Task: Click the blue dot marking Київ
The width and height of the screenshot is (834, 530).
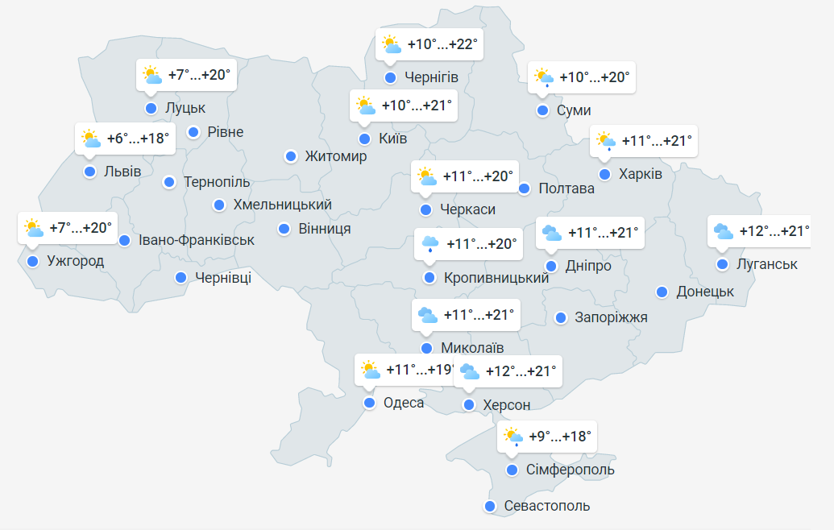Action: pos(364,139)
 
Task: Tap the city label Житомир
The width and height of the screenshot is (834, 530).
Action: pos(335,156)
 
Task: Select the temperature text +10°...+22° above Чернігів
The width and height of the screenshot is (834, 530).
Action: pos(443,43)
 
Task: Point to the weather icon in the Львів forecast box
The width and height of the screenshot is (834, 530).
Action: pos(90,139)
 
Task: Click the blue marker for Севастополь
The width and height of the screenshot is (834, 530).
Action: pos(489,506)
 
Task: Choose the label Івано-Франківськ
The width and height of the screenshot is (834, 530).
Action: pos(197,240)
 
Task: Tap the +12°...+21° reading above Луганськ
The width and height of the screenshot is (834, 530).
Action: pos(774,231)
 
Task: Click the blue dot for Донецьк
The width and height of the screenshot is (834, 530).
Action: pos(662,292)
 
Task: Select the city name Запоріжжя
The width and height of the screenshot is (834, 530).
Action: pos(611,317)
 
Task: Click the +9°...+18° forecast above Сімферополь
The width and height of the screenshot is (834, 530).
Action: pos(560,436)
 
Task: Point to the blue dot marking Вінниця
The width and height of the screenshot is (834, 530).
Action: pos(284,229)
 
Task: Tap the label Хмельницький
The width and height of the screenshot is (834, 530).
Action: pos(282,205)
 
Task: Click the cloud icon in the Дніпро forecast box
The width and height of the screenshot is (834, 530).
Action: pos(552,233)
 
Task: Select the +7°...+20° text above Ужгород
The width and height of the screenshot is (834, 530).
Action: pos(81,228)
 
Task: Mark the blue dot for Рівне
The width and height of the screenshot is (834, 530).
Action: pos(193,132)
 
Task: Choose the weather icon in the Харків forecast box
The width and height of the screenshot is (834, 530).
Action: pos(605,142)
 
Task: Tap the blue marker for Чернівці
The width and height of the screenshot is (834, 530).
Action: pos(180,278)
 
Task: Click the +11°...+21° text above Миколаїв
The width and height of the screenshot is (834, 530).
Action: pos(478,314)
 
